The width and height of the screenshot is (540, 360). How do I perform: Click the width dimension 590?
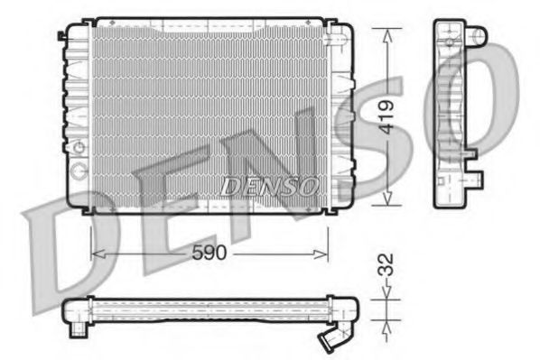click(209, 255)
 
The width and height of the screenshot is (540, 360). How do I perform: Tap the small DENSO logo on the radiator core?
click(269, 186)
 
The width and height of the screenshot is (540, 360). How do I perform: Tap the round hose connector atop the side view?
click(477, 37)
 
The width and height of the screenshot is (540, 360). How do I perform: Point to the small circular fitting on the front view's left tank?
click(79, 148)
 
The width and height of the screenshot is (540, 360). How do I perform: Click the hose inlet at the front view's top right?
click(340, 38)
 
